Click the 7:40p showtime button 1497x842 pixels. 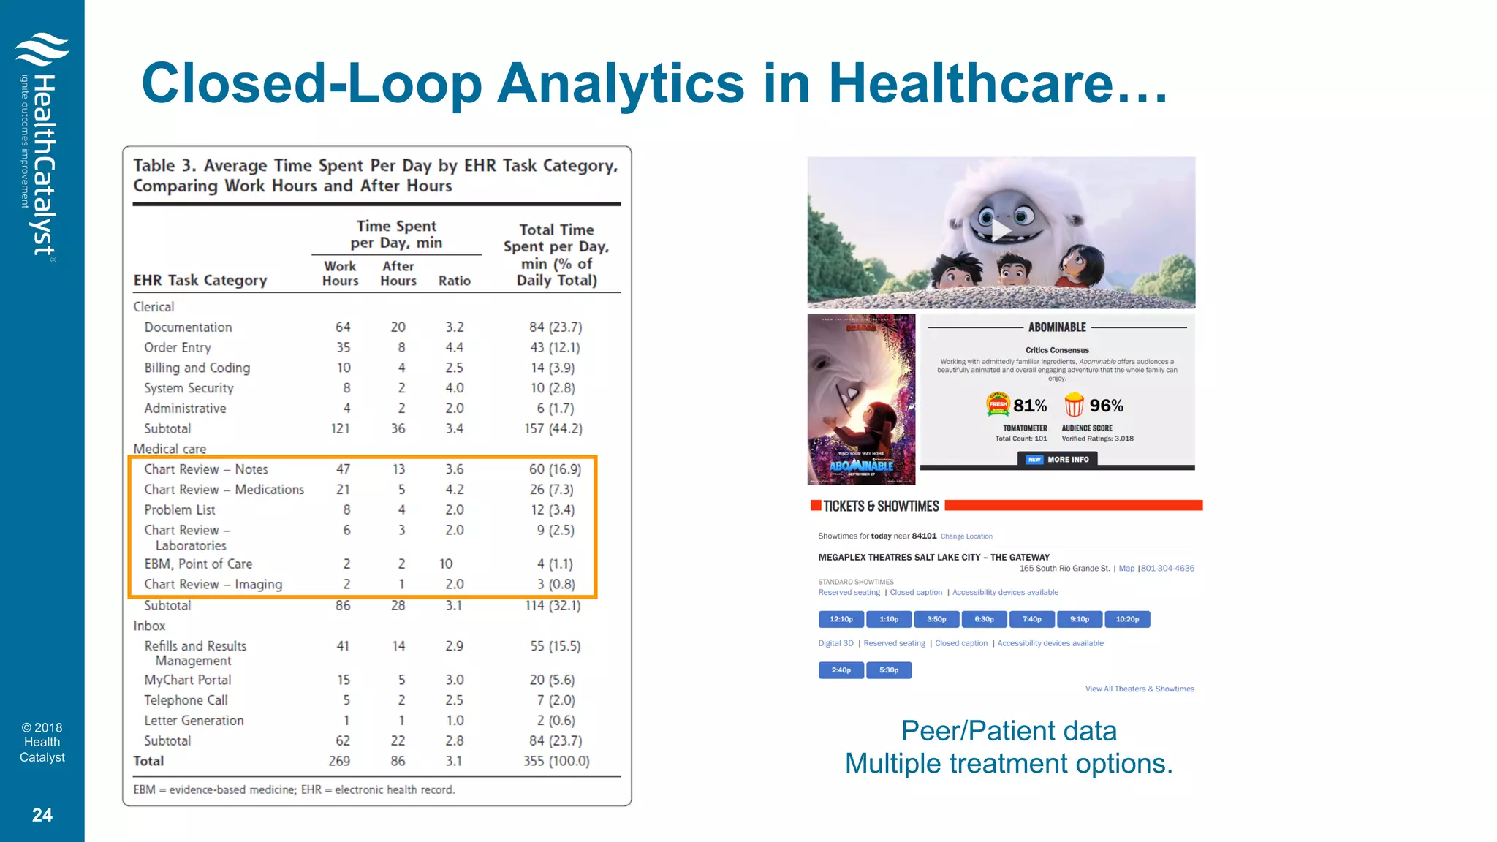coord(1031,619)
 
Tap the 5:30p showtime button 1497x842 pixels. coord(889,670)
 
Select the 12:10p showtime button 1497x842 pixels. coord(841,619)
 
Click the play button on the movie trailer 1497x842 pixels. coord(1001,231)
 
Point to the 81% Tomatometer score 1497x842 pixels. coord(1029,406)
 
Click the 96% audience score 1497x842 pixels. coord(1106,406)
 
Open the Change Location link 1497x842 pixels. coord(966,536)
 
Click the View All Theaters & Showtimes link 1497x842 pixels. coord(1140,689)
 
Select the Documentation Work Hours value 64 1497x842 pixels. coord(343,327)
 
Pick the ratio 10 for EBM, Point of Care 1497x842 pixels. coord(446,564)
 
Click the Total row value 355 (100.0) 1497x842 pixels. coord(556,761)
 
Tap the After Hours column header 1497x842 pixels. coord(398,273)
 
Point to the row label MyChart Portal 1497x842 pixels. coord(188,680)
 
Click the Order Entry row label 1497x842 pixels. coord(178,348)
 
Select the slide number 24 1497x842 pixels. coord(42,815)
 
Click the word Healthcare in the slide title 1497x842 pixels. coord(997,83)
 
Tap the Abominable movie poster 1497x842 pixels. coord(861,399)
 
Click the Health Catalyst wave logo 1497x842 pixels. coord(42,49)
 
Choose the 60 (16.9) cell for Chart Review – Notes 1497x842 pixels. coord(555,469)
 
